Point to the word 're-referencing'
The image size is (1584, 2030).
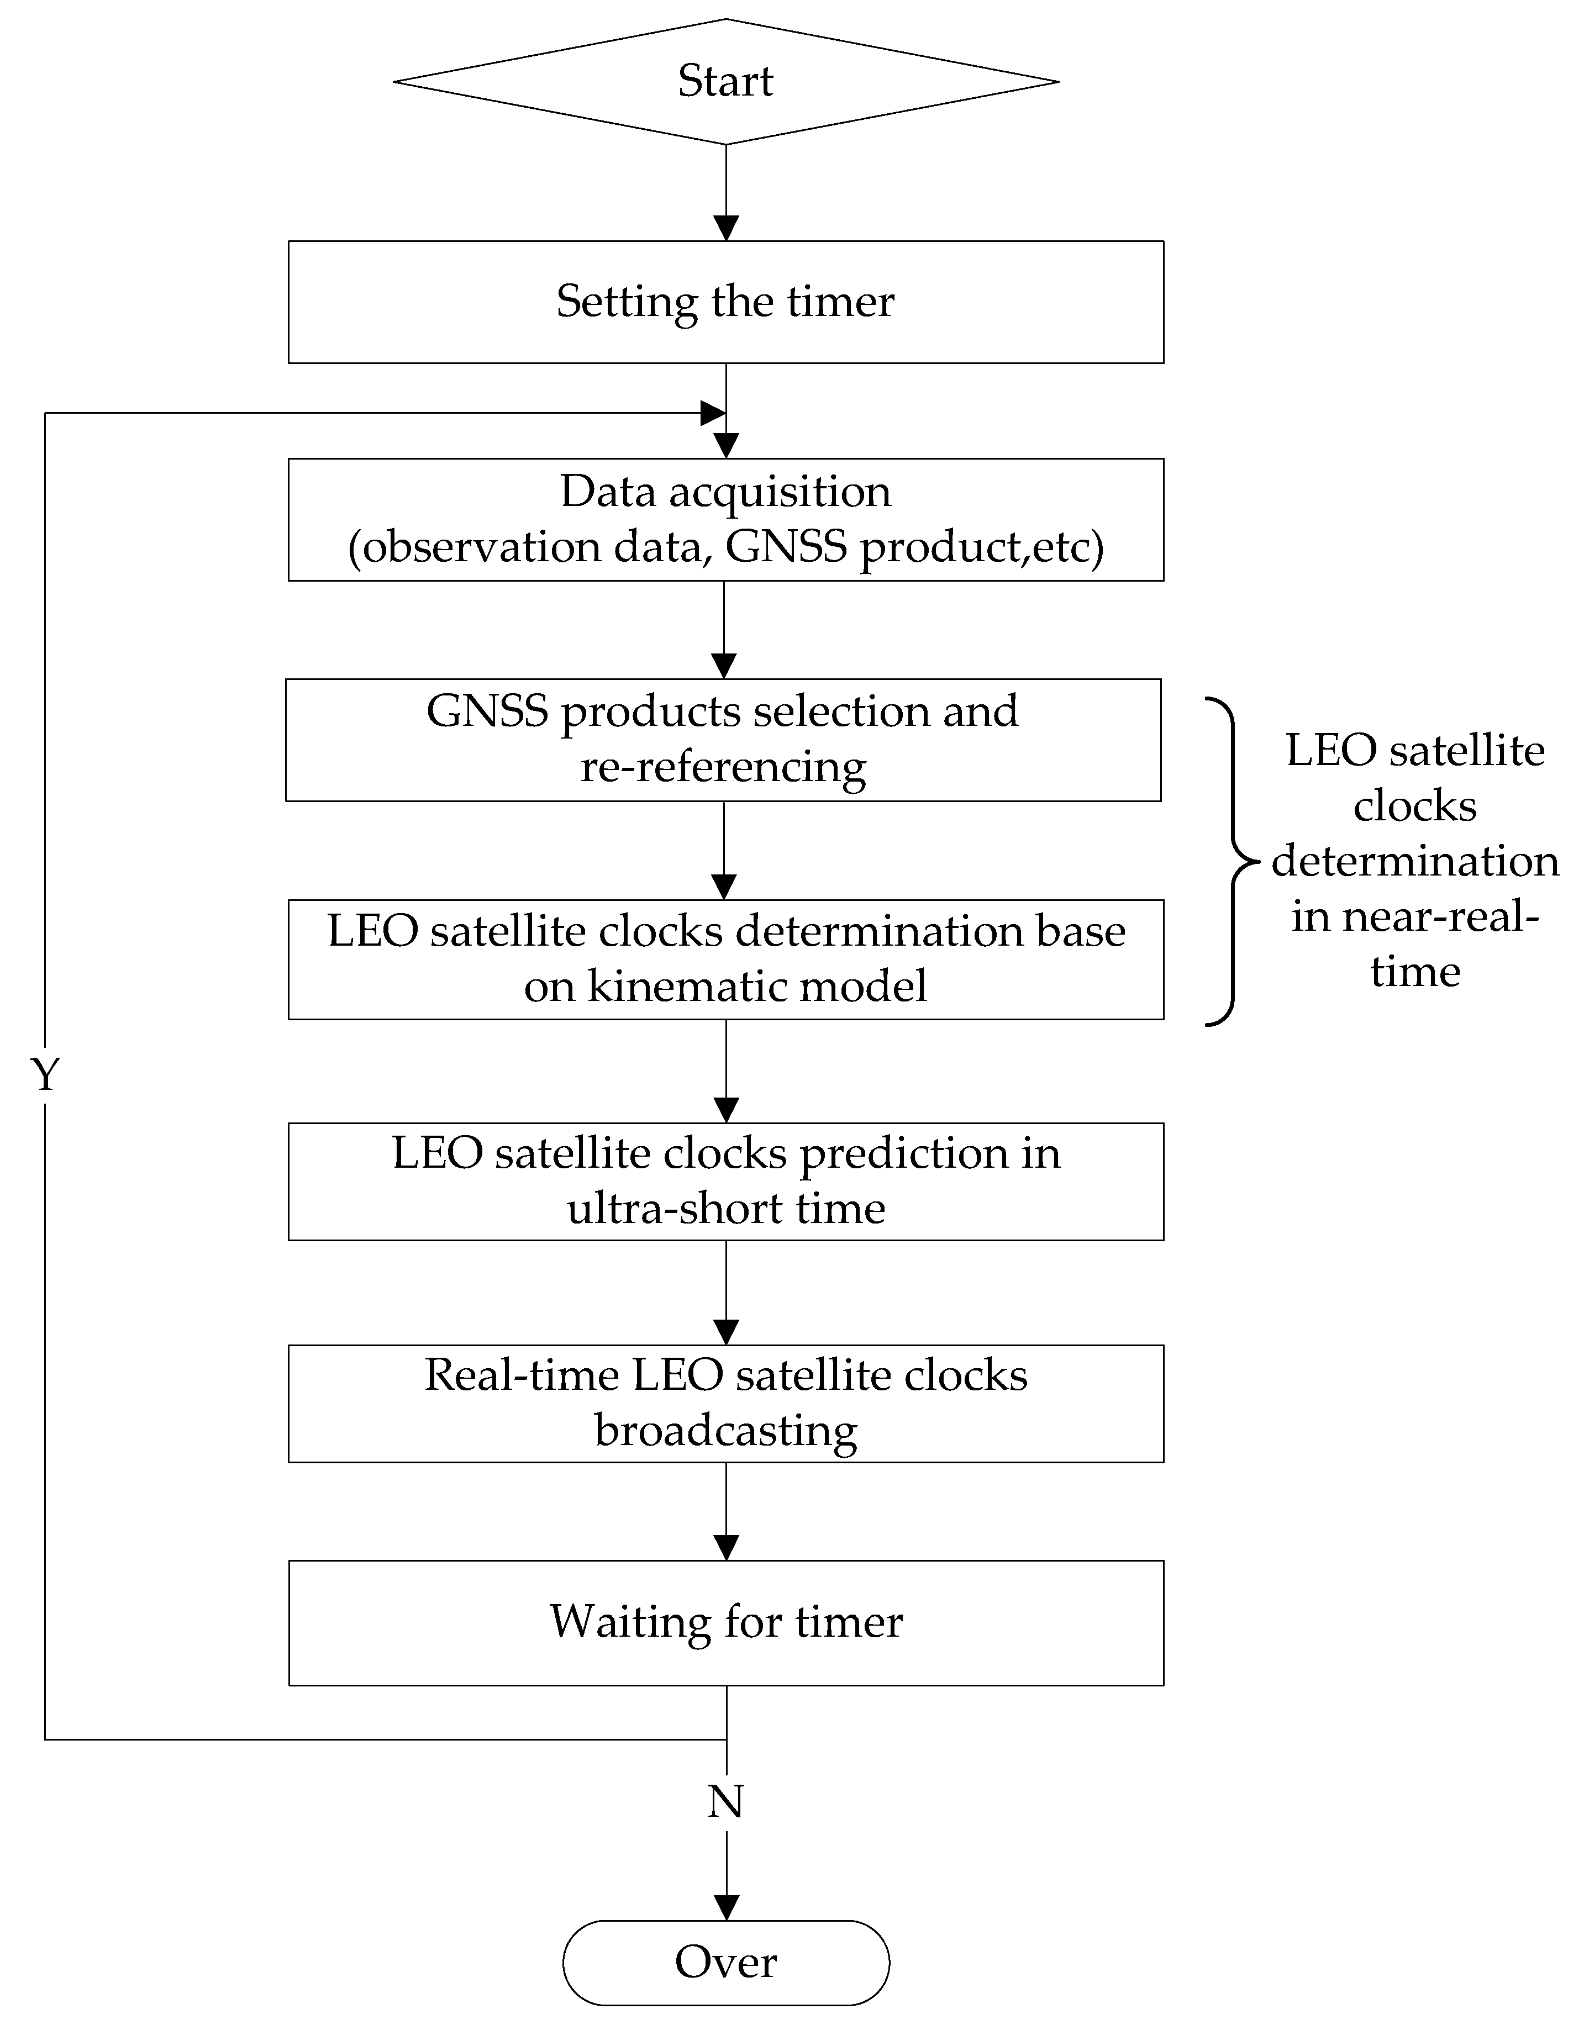pyautogui.click(x=723, y=768)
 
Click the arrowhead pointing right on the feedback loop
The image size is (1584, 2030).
pyautogui.click(x=712, y=413)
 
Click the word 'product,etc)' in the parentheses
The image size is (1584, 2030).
pyautogui.click(x=982, y=546)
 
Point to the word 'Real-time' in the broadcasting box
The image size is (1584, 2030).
pyautogui.click(x=522, y=1375)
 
